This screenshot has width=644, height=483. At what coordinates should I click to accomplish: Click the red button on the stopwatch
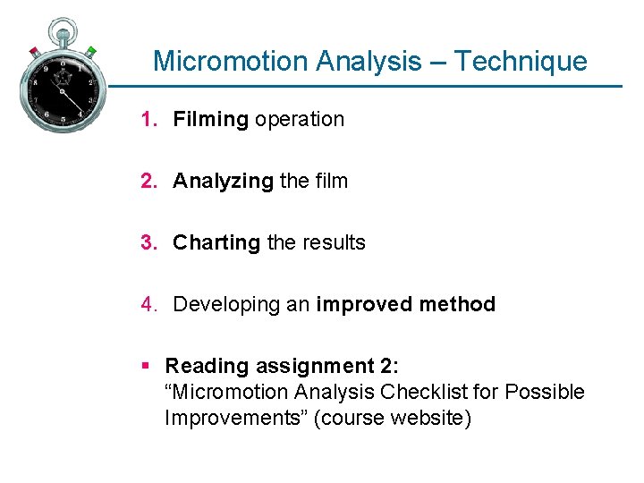tap(34, 51)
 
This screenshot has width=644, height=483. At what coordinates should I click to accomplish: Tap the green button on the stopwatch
tap(90, 51)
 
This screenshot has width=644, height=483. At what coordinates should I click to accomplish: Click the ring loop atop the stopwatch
tap(61, 26)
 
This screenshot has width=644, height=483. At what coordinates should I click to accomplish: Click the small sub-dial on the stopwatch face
tap(61, 77)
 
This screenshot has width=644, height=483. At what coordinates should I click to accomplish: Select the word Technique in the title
tap(521, 61)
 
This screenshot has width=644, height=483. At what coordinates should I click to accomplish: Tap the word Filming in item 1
tap(210, 119)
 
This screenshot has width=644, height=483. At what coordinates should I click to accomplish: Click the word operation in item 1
tap(299, 119)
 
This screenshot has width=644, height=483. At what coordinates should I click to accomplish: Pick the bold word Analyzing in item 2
tap(223, 181)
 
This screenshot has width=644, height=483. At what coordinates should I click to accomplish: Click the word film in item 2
tap(331, 181)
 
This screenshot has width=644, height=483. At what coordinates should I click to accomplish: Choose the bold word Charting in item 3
tap(216, 242)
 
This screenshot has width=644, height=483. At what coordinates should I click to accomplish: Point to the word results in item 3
tap(333, 242)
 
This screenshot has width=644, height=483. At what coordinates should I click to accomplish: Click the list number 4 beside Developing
tap(146, 304)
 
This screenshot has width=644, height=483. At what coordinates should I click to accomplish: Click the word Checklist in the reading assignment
tap(440, 392)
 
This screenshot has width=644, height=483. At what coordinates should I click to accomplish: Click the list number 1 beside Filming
tap(146, 119)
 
